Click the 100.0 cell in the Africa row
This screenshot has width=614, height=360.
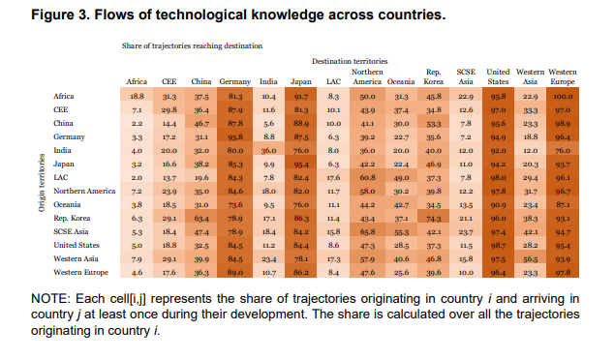[x=562, y=96]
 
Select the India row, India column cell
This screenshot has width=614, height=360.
[x=269, y=151]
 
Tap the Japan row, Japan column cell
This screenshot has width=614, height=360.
[x=301, y=165]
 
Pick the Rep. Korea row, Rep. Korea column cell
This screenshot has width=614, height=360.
[x=433, y=220]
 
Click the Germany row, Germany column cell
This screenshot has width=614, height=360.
[x=235, y=137]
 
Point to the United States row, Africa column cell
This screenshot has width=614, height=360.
[x=137, y=247]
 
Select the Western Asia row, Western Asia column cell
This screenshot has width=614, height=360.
[x=530, y=260]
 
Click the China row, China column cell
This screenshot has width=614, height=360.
[x=201, y=124]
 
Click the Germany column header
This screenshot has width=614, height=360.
[x=235, y=81]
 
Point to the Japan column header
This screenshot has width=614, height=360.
[x=301, y=81]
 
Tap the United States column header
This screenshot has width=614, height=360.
[x=497, y=76]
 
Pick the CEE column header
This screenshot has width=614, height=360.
[x=169, y=81]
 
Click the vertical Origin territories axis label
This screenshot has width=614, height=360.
[x=42, y=178]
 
